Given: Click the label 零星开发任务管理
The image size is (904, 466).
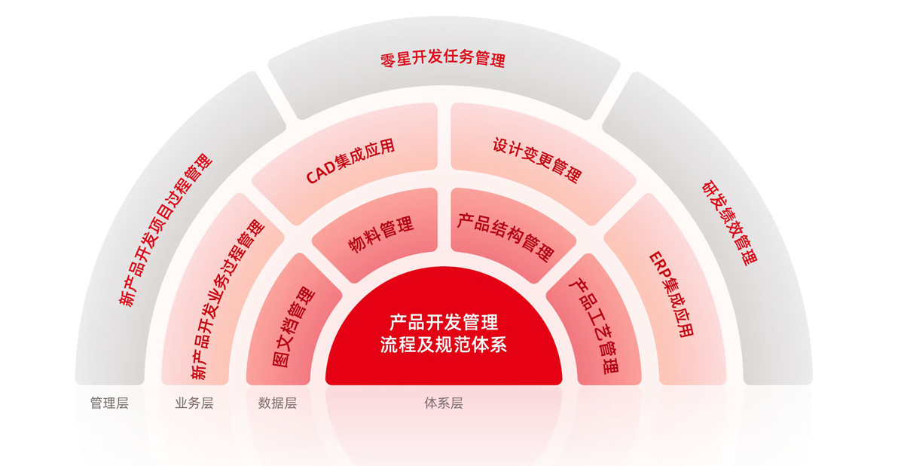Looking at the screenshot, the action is coord(443,59).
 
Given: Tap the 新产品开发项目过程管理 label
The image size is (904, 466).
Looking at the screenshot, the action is coord(166,230).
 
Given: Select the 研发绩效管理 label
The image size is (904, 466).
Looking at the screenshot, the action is coord(730,223).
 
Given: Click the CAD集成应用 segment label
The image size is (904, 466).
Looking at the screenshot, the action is coord(350,161).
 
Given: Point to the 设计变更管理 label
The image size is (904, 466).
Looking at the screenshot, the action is coord(537,160).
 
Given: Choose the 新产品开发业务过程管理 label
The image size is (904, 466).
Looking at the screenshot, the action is coord(228,299).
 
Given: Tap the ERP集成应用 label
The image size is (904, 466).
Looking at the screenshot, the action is coord(671,294).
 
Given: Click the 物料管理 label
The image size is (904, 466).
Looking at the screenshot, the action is coord(381,235).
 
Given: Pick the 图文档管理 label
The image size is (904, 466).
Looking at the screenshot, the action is coord(293,327).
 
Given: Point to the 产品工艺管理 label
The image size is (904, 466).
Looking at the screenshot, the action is coord(594,326).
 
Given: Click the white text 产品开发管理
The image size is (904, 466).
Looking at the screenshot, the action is coord(444,322).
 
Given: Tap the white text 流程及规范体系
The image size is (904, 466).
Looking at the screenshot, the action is coord(444,345).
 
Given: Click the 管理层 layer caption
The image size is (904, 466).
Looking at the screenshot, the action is coord(109,403).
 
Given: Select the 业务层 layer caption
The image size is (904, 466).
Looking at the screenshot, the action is coord(194,403).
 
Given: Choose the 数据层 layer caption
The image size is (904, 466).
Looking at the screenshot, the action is coord(278,403).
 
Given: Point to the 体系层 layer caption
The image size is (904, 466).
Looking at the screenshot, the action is coord(444,403).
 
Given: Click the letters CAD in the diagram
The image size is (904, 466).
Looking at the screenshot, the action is coord(321,172).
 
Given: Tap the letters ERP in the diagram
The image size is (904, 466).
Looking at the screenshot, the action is coord(660,265).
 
